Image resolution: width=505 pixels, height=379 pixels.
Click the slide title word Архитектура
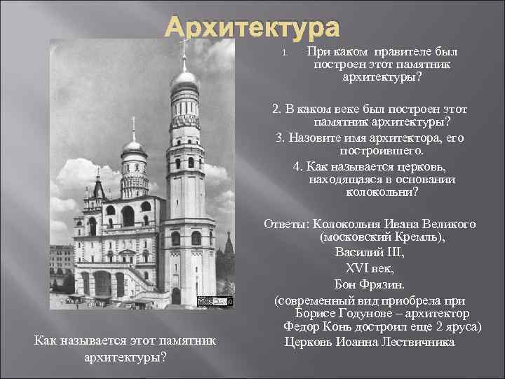click(252, 28)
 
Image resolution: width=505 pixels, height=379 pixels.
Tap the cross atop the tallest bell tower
click(184, 48)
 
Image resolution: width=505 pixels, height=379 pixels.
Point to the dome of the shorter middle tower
click(133, 147)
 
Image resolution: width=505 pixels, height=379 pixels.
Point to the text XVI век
click(363, 268)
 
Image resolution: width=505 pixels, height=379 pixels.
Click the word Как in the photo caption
click(46, 341)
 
